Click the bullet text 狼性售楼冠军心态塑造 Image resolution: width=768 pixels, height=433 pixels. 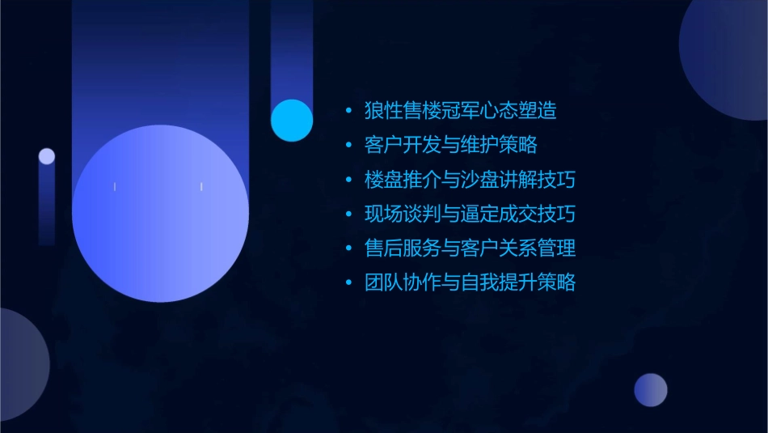tap(461, 111)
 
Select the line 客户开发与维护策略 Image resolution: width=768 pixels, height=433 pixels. tap(451, 146)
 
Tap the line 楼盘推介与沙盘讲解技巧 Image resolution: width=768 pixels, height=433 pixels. tap(471, 180)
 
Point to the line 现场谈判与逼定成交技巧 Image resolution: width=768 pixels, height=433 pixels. tap(471, 214)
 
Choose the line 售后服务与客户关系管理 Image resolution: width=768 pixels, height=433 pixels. tap(471, 248)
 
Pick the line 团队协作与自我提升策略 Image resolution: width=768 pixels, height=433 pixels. tap(471, 283)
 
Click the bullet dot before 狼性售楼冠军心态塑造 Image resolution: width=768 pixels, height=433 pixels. tap(348, 112)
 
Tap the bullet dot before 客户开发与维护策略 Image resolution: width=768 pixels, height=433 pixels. tap(348, 146)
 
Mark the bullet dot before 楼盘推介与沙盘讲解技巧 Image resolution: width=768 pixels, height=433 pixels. tap(348, 180)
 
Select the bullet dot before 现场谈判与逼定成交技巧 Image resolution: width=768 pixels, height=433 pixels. tap(348, 215)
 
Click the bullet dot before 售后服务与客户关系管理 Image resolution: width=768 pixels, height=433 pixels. tap(348, 249)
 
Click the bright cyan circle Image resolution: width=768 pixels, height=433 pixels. tap(292, 121)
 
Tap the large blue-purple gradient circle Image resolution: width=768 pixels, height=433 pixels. tap(160, 214)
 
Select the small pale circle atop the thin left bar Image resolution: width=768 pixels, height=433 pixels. tap(47, 156)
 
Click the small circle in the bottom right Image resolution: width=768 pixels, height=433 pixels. tap(651, 390)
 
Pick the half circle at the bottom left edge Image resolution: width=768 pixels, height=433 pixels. tap(20, 364)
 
